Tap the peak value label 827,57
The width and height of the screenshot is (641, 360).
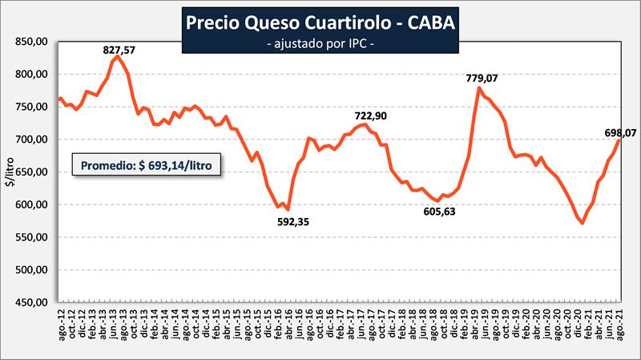pyautogui.click(x=119, y=50)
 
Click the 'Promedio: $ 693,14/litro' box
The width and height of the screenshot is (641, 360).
pyautogui.click(x=146, y=165)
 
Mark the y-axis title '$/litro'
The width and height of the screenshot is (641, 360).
pyautogui.click(x=10, y=171)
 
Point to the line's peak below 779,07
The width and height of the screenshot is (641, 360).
pyautogui.click(x=479, y=88)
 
